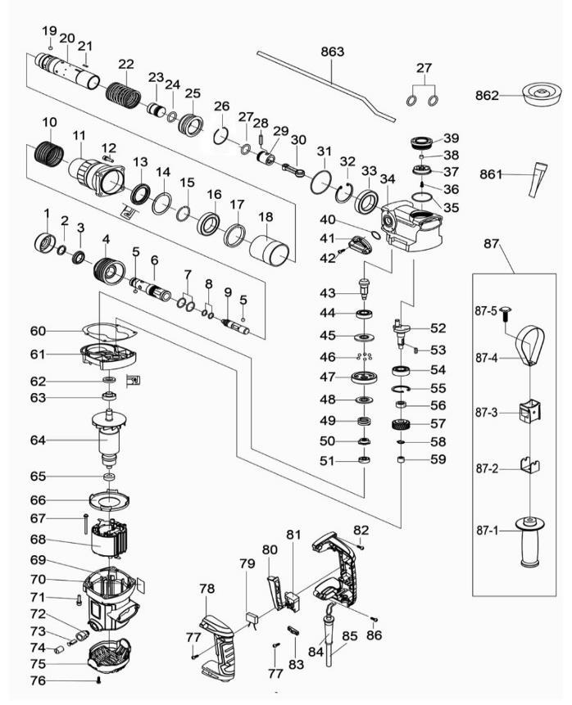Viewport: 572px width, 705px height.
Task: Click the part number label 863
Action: tap(332, 51)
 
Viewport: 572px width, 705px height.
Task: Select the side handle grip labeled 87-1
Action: tap(529, 541)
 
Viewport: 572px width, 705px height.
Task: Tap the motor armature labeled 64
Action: tap(110, 440)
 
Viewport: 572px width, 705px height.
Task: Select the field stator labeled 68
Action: tap(111, 540)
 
